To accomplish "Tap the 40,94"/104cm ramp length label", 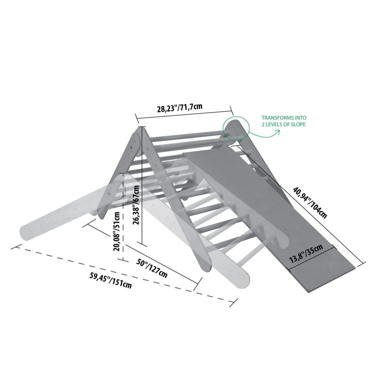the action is pyautogui.click(x=310, y=203).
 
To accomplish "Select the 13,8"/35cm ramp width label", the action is pyautogui.click(x=306, y=254).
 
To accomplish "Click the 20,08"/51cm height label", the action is pyautogui.click(x=117, y=231).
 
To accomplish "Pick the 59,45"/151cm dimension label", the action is pyautogui.click(x=110, y=280).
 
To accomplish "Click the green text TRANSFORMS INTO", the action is pyautogui.click(x=284, y=117).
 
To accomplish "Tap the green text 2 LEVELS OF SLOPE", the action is pyautogui.click(x=284, y=124).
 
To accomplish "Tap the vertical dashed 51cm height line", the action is pyautogui.click(x=123, y=217).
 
